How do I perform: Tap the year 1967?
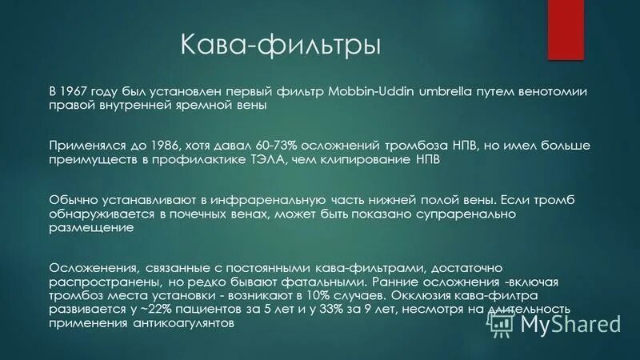pyautogui.click(x=77, y=91)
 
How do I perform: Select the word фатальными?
pyautogui.click(x=314, y=282)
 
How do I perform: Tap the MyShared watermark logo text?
pyautogui.click(x=571, y=324)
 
